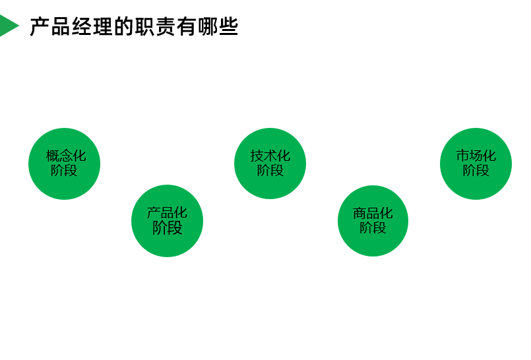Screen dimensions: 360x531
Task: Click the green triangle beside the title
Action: click(8, 26)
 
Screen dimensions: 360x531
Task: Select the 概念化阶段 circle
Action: click(64, 164)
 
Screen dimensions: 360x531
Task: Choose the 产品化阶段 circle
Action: click(167, 221)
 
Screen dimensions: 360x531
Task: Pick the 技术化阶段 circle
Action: click(270, 164)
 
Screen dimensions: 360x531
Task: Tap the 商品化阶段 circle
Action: click(373, 221)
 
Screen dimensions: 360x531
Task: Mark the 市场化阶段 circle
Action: click(476, 164)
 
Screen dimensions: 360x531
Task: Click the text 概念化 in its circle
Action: click(65, 156)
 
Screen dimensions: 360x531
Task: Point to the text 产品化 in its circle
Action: click(167, 213)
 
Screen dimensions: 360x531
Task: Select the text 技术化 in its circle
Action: click(270, 156)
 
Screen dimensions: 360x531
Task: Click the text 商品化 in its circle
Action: click(373, 213)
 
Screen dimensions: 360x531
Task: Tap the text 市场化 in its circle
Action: click(476, 156)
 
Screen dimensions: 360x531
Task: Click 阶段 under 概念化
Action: click(64, 171)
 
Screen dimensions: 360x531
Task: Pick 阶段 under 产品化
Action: click(167, 228)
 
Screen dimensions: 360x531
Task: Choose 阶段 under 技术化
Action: click(270, 171)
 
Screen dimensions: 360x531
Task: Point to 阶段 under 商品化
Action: click(373, 228)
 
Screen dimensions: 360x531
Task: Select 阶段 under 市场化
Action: click(476, 171)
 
